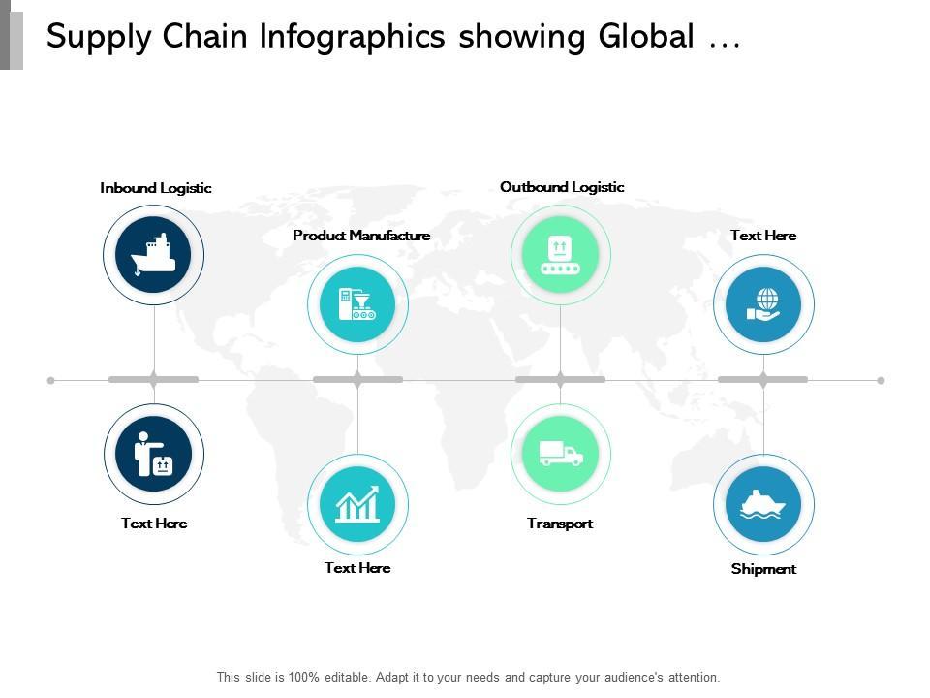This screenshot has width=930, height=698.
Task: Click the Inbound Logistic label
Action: [x=156, y=188]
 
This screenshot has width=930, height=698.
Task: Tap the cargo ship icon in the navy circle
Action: [x=154, y=254]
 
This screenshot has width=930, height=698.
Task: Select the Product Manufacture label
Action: [x=361, y=235]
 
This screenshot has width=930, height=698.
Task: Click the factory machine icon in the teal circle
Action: [x=357, y=303]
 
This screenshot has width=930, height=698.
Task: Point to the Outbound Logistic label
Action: [x=562, y=187]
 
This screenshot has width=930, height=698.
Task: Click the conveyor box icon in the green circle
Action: [x=560, y=255]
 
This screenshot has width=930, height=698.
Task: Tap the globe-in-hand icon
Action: [x=763, y=303]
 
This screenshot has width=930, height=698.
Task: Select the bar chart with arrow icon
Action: [x=357, y=504]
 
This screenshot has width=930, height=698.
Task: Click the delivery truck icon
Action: [x=561, y=454]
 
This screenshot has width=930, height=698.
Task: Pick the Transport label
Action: [x=560, y=523]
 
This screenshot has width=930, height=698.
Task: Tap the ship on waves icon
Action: [x=763, y=504]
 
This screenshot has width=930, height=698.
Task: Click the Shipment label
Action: [x=763, y=569]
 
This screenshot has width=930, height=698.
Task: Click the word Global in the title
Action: [x=646, y=36]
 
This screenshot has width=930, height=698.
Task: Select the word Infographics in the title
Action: [x=352, y=37]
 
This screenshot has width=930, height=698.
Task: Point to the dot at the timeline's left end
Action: [x=51, y=380]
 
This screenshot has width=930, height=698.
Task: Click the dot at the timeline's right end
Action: [x=881, y=380]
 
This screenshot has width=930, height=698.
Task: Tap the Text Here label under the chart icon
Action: [x=357, y=568]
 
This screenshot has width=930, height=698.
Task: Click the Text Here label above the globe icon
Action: [x=763, y=235]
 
